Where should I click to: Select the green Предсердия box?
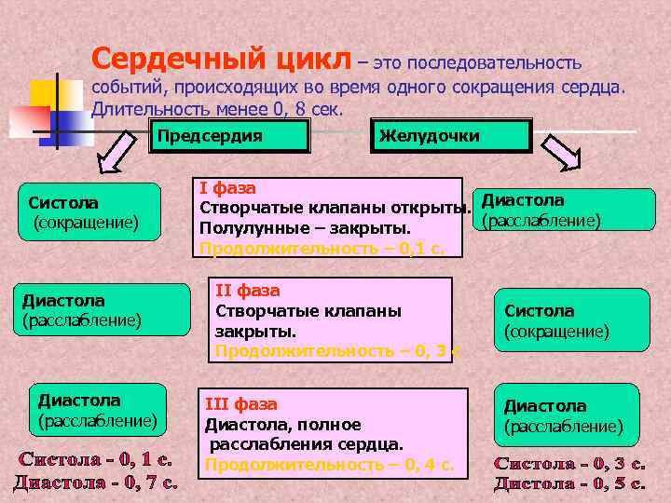click(x=230, y=136)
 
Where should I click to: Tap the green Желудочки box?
click(x=451, y=136)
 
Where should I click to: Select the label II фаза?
click(x=247, y=290)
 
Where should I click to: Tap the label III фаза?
click(x=240, y=404)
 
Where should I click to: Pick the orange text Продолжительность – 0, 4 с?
click(x=329, y=464)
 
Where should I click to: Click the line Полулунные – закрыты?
click(x=305, y=228)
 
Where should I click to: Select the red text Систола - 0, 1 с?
click(x=96, y=459)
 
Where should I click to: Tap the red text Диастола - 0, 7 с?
click(x=96, y=482)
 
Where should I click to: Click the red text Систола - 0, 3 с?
click(x=569, y=463)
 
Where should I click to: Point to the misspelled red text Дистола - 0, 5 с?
click(x=569, y=483)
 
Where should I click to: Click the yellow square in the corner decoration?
click(x=44, y=94)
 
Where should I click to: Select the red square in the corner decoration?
click(x=28, y=119)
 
